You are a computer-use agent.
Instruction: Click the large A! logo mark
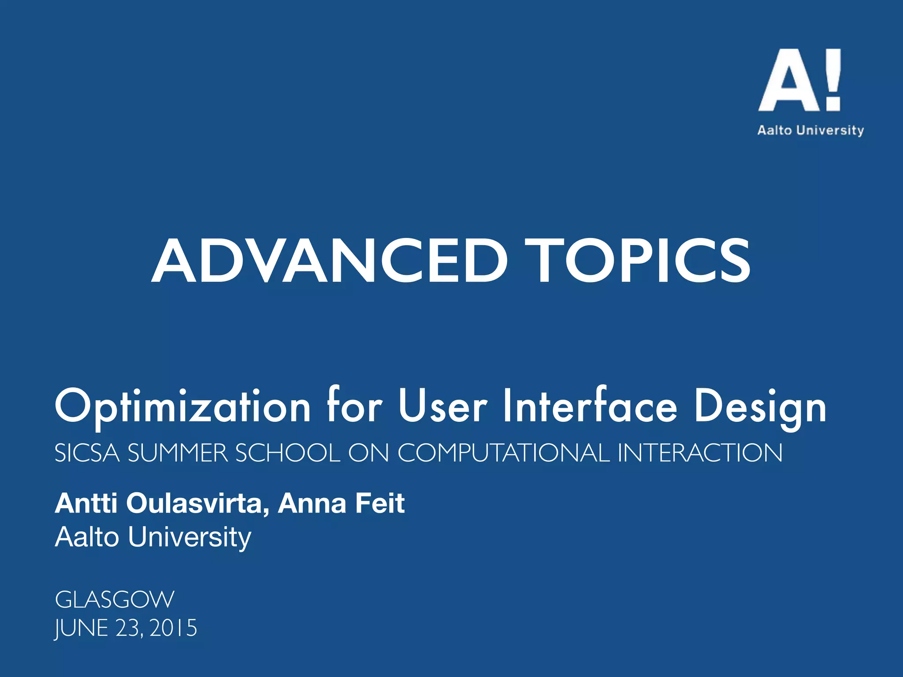coord(799,80)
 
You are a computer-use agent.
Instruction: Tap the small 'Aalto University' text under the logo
coord(810,130)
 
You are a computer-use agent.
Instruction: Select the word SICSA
coord(87,453)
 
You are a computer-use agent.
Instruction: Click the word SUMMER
coord(178,453)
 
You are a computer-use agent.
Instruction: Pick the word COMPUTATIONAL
coord(504,453)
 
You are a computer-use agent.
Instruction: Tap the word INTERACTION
coord(700,453)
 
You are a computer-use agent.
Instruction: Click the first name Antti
coord(86,503)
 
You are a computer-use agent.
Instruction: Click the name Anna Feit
coord(341,503)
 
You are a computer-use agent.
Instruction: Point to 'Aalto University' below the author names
coord(153,537)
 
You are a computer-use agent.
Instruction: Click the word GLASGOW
coord(115,600)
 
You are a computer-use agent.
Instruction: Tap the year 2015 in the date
coord(173,628)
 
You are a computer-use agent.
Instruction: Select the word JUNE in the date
coord(82,628)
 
